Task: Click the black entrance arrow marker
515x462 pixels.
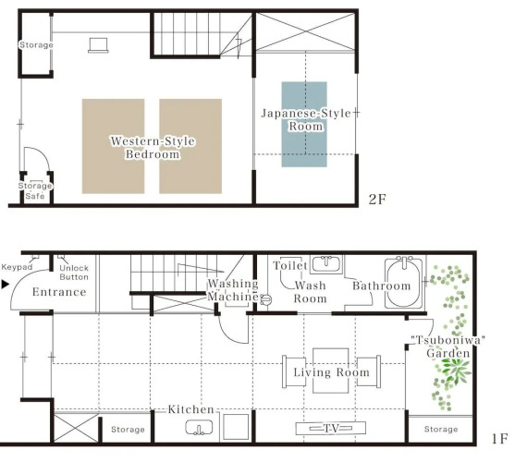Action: pyautogui.click(x=5, y=285)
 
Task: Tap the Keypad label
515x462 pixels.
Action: pyautogui.click(x=17, y=267)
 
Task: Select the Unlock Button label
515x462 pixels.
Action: pyautogui.click(x=74, y=273)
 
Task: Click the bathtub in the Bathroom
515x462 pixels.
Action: pyautogui.click(x=404, y=284)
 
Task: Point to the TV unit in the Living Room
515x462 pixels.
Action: pyautogui.click(x=330, y=428)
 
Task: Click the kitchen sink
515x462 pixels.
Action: pyautogui.click(x=199, y=428)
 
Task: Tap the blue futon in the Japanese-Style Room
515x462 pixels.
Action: pyautogui.click(x=304, y=125)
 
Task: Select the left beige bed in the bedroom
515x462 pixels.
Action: pyautogui.click(x=113, y=146)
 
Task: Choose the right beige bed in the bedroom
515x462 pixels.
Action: pyautogui.click(x=190, y=146)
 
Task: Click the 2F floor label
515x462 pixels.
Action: pyautogui.click(x=377, y=200)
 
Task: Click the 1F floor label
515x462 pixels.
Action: pyautogui.click(x=499, y=439)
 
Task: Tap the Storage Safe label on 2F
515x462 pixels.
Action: pyautogui.click(x=35, y=190)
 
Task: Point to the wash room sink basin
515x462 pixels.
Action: pyautogui.click(x=326, y=263)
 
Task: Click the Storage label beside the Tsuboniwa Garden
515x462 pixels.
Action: pyautogui.click(x=441, y=429)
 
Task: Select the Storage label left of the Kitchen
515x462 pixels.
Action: pyautogui.click(x=128, y=430)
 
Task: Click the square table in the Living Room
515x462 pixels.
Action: pyautogui.click(x=330, y=371)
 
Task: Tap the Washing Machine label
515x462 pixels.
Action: pyautogui.click(x=233, y=290)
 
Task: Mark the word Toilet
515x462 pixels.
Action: pyautogui.click(x=290, y=265)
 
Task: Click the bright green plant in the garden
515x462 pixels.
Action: pyautogui.click(x=455, y=370)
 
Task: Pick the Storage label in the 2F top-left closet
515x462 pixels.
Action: pyautogui.click(x=36, y=45)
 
